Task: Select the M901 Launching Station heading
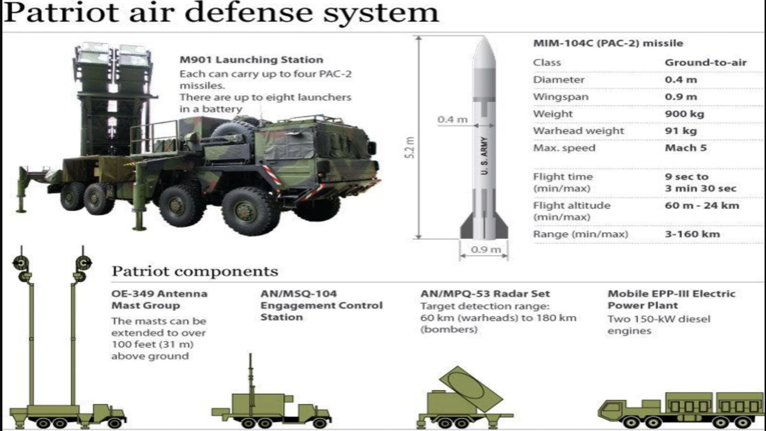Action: point(251,59)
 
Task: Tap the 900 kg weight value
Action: point(684,113)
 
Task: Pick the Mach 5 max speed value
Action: point(686,148)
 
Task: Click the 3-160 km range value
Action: point(692,234)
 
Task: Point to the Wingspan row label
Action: point(561,97)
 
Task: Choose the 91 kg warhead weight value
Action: point(680,131)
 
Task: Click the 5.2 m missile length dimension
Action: point(410,147)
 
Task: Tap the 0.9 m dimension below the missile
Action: point(485,250)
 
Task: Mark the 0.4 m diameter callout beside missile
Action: point(452,119)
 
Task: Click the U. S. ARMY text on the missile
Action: point(484,156)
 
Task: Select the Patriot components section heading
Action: point(194,271)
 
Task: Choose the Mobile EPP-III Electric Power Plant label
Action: point(671,299)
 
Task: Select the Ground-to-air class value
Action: point(706,63)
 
